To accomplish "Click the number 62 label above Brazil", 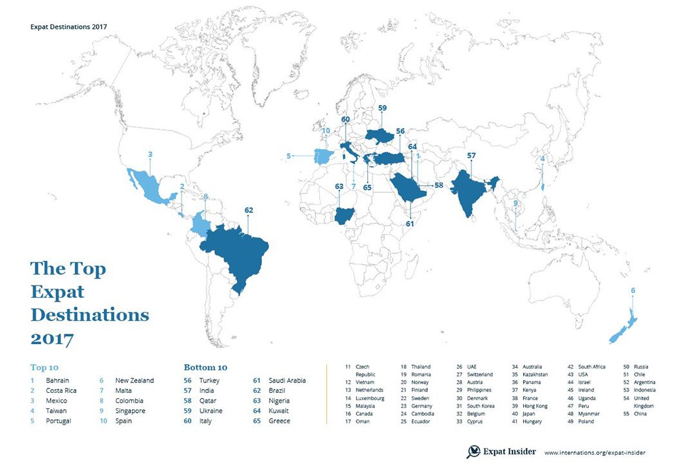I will pos(249,210).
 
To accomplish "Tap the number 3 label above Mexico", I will pos(150,154).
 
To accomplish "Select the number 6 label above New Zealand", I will pos(633,291).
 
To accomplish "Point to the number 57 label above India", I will pos(471,156).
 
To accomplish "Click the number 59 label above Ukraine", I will pos(382,109).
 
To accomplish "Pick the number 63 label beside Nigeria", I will pos(339,186).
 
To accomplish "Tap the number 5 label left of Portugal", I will pos(289,155).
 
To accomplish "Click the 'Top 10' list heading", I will pos(44,368).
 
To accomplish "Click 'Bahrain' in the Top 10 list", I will pos(58,381).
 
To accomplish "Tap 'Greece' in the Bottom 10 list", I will pos(281,421).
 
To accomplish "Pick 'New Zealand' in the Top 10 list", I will pos(134,381).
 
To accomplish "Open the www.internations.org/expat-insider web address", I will pos(595,453).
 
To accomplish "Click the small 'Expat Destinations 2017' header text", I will pos(69,27).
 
